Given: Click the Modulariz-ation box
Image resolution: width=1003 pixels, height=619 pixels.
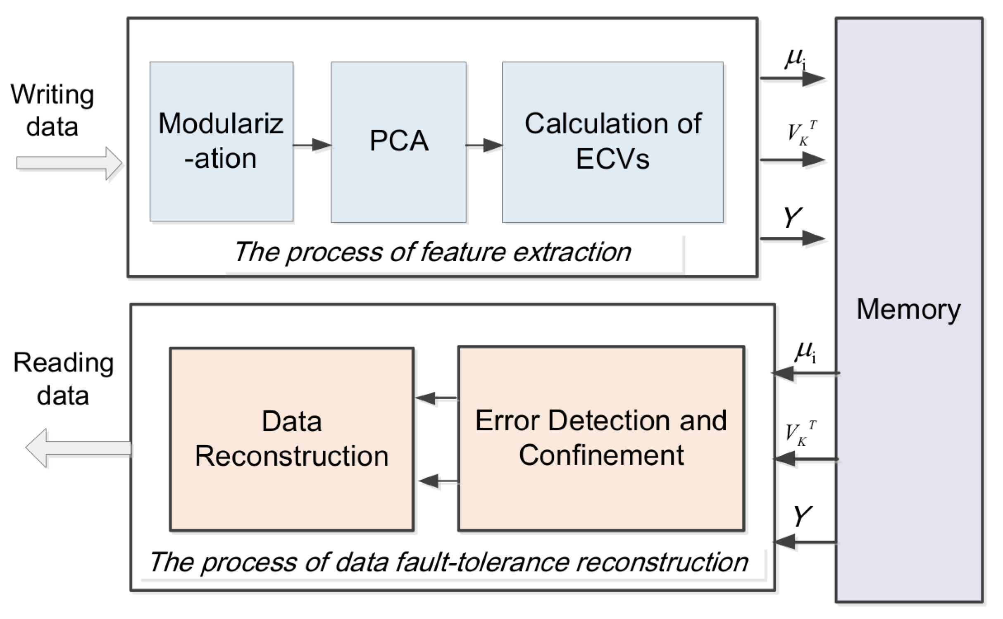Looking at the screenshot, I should coord(221,141).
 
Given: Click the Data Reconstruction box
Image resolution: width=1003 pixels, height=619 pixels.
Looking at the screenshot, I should coord(291,439).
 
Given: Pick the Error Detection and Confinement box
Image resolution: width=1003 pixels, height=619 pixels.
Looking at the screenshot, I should coord(600,438).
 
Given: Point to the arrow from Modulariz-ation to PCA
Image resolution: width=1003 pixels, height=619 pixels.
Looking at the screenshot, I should coord(312,145).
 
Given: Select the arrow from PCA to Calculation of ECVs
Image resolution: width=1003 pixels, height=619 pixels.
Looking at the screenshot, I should coord(484,145).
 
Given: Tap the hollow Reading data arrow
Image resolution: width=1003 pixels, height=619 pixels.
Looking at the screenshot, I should coord(79,448).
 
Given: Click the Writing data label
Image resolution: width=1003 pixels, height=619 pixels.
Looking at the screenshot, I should coord(52,110).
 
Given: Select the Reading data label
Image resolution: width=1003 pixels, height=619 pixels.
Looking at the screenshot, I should coord(63,379).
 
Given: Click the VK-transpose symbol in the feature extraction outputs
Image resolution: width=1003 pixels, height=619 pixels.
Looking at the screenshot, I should coord(801,133).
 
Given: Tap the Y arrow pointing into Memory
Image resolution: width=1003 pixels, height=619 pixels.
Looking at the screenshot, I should coord(792,238).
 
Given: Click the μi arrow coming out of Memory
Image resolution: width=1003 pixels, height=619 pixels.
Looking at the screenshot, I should coord(805,374).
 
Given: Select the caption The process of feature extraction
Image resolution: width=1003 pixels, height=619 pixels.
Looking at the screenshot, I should coord(432,252).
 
